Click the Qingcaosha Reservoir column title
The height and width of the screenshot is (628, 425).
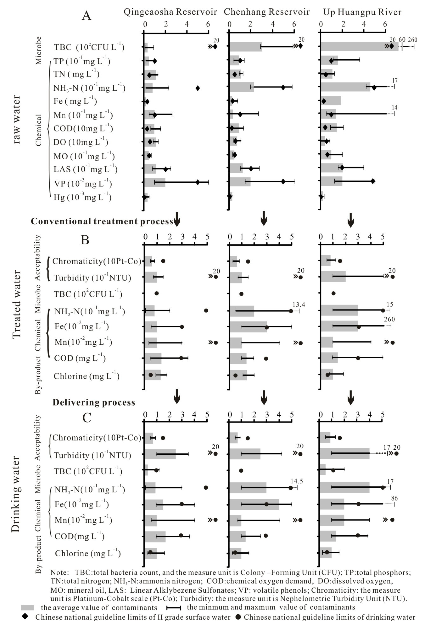pos(170,12)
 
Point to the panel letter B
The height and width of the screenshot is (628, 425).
pos(85,240)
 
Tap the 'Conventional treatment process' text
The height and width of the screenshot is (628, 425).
pos(102,221)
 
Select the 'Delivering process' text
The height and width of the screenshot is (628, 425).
pos(94,402)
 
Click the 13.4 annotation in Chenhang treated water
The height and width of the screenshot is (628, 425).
pos(299,305)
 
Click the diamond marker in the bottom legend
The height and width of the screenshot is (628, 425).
pos(25,617)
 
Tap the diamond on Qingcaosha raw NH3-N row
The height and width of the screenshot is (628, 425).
pos(197,88)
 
